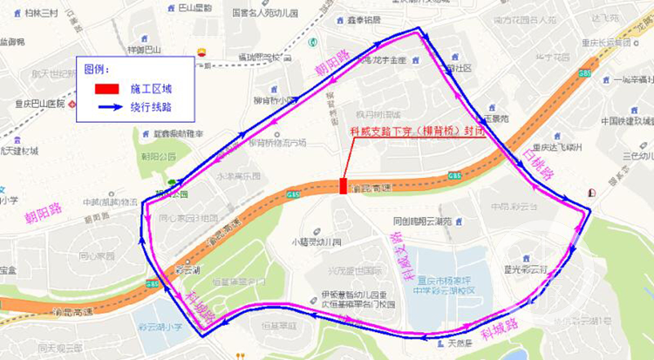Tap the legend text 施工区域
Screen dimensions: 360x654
[152, 88]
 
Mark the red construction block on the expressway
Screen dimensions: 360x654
[341, 186]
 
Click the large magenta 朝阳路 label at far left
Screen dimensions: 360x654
[29, 214]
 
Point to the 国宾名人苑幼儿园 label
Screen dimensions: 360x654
[265, 13]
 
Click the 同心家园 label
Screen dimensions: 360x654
[97, 256]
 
